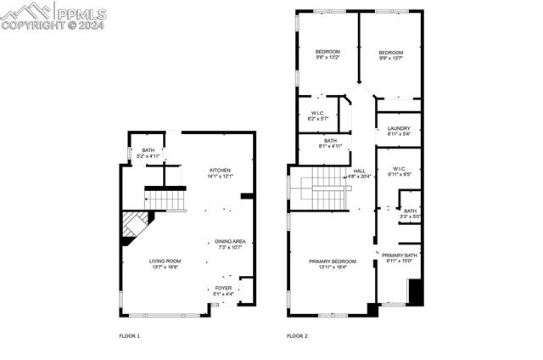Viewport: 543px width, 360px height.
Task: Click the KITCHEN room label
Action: tap(221, 171)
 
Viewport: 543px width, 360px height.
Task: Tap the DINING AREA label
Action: tap(230, 241)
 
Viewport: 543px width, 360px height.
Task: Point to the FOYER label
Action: tap(223, 289)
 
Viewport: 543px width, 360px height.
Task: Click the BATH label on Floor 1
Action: tap(148, 150)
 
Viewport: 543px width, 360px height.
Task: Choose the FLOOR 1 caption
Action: tap(129, 336)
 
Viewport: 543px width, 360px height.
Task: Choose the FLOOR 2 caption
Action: tap(297, 336)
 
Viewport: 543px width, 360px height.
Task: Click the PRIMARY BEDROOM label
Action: tap(332, 262)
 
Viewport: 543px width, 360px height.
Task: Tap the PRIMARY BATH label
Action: tap(398, 256)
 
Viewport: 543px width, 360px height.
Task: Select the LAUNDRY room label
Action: tap(399, 128)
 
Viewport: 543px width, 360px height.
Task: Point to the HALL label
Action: tap(360, 171)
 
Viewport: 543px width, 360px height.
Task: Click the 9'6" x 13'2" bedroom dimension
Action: tap(328, 58)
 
